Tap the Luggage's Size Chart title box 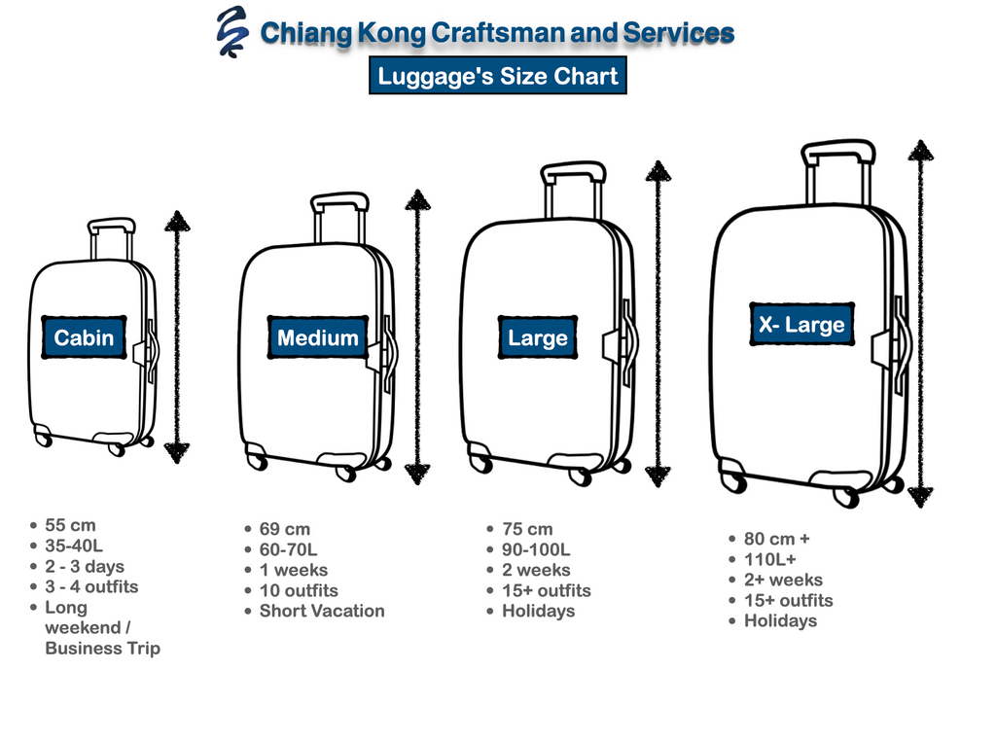(x=497, y=77)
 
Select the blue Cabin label (x=84, y=338)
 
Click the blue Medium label (x=318, y=338)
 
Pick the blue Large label (x=537, y=338)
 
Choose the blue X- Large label (x=800, y=325)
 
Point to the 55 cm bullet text (x=70, y=526)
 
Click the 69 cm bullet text (x=284, y=530)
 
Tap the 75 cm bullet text (x=526, y=530)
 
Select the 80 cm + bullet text (x=776, y=539)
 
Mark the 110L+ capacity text (x=769, y=559)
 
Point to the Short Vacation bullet (x=321, y=612)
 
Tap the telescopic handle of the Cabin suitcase (x=111, y=238)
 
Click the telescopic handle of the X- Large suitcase (x=837, y=170)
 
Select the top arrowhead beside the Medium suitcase (x=417, y=201)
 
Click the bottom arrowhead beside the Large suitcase (x=658, y=476)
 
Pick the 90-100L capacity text (x=536, y=550)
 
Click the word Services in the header (x=677, y=34)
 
